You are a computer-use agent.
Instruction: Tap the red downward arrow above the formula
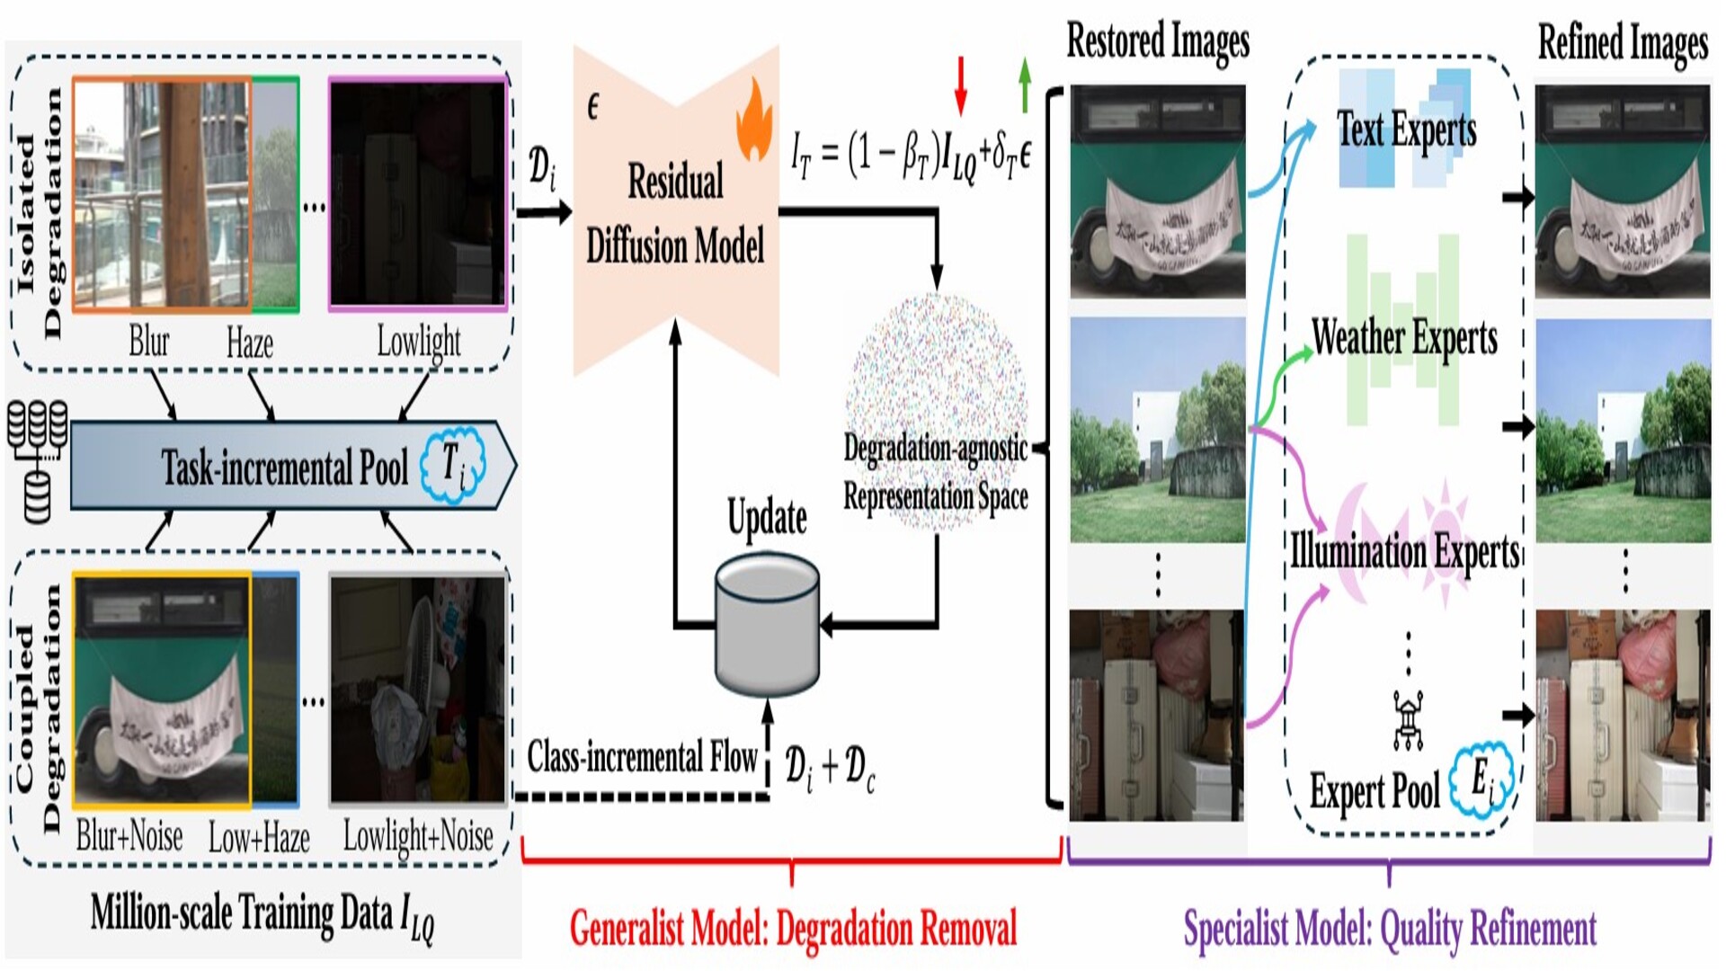point(961,85)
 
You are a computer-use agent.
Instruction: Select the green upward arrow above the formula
point(1025,85)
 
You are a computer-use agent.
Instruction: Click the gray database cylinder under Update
point(767,625)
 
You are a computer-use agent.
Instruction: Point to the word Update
point(767,519)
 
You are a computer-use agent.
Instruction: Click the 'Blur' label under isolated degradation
point(149,342)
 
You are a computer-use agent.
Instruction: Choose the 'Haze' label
point(250,343)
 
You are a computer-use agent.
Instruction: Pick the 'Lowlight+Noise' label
point(418,837)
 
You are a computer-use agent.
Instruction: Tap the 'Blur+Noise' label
point(129,836)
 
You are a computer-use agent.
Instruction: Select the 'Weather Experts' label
point(1404,339)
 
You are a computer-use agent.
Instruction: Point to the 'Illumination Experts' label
point(1404,551)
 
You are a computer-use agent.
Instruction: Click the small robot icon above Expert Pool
point(1408,719)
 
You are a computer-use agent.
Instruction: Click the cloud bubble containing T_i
point(455,464)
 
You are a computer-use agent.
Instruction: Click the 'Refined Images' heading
point(1623,43)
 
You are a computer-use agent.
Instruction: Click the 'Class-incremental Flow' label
point(642,757)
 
